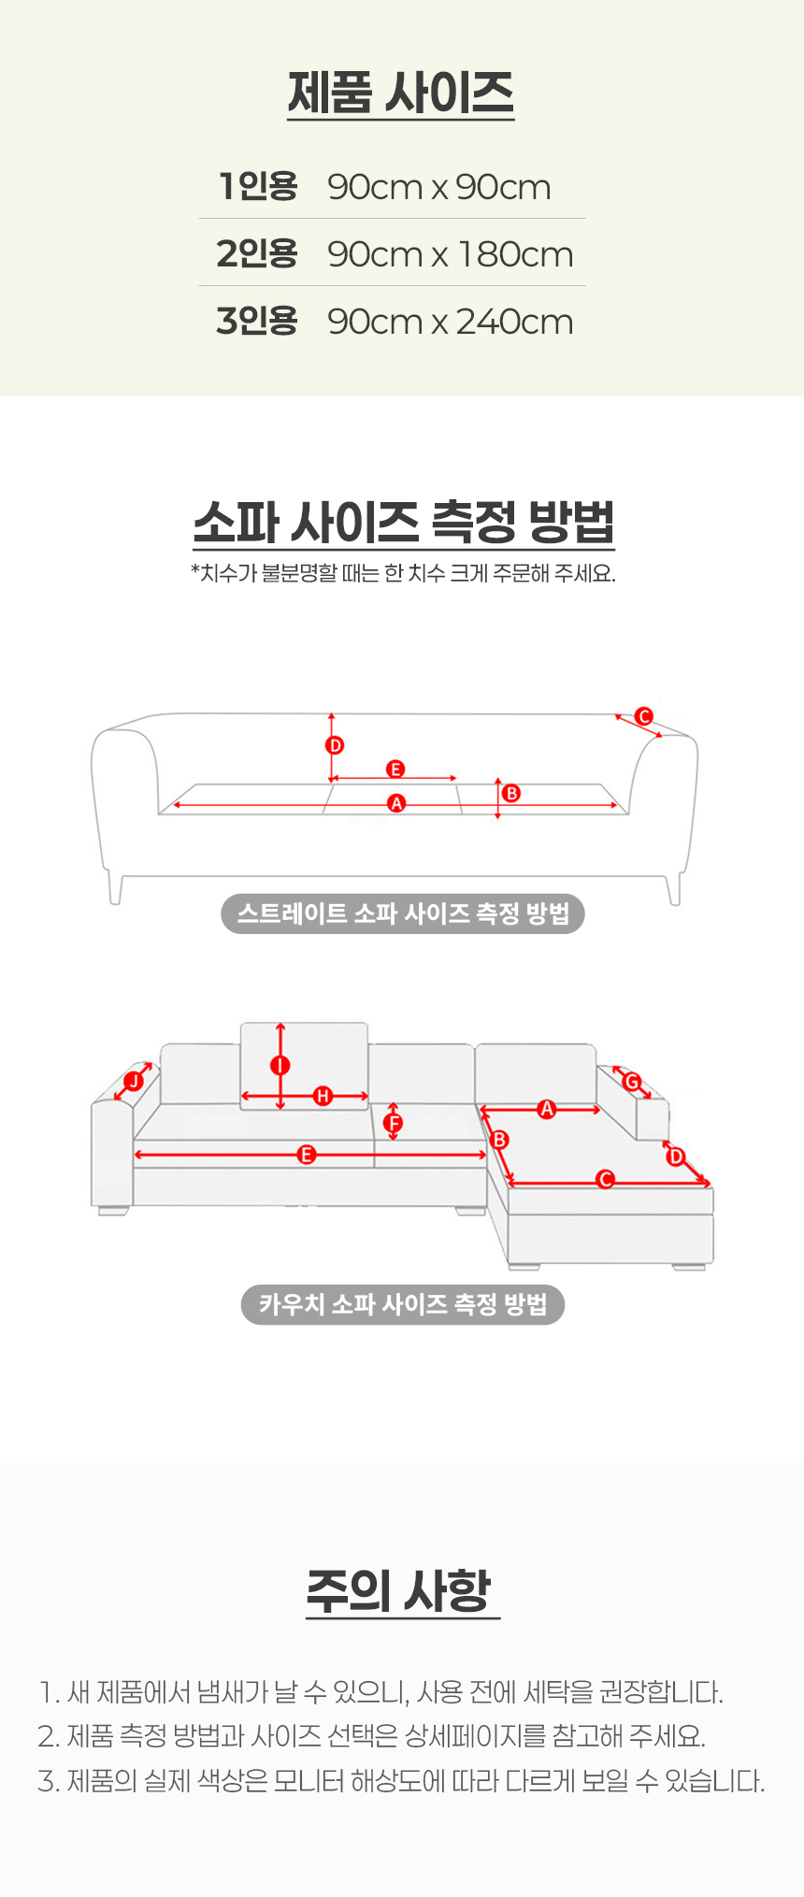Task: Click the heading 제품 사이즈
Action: [401, 93]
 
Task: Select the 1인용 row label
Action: [258, 186]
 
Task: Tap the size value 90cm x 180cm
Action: [451, 254]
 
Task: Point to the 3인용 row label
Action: [257, 321]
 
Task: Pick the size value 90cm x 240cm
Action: [451, 322]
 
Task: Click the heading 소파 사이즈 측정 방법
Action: [404, 522]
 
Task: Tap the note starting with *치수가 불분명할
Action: [403, 573]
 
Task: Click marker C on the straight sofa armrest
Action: [644, 716]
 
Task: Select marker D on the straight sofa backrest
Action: [335, 745]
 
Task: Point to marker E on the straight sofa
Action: [395, 769]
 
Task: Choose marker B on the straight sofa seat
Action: [510, 793]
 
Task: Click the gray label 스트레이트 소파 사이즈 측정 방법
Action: [403, 913]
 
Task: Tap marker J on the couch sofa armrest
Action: [134, 1082]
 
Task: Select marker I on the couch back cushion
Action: [280, 1065]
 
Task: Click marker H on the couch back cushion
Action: [323, 1096]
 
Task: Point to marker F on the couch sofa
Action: [394, 1123]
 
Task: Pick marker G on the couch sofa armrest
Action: [632, 1083]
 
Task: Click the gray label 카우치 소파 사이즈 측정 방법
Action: [403, 1304]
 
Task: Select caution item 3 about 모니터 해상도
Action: [402, 1781]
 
